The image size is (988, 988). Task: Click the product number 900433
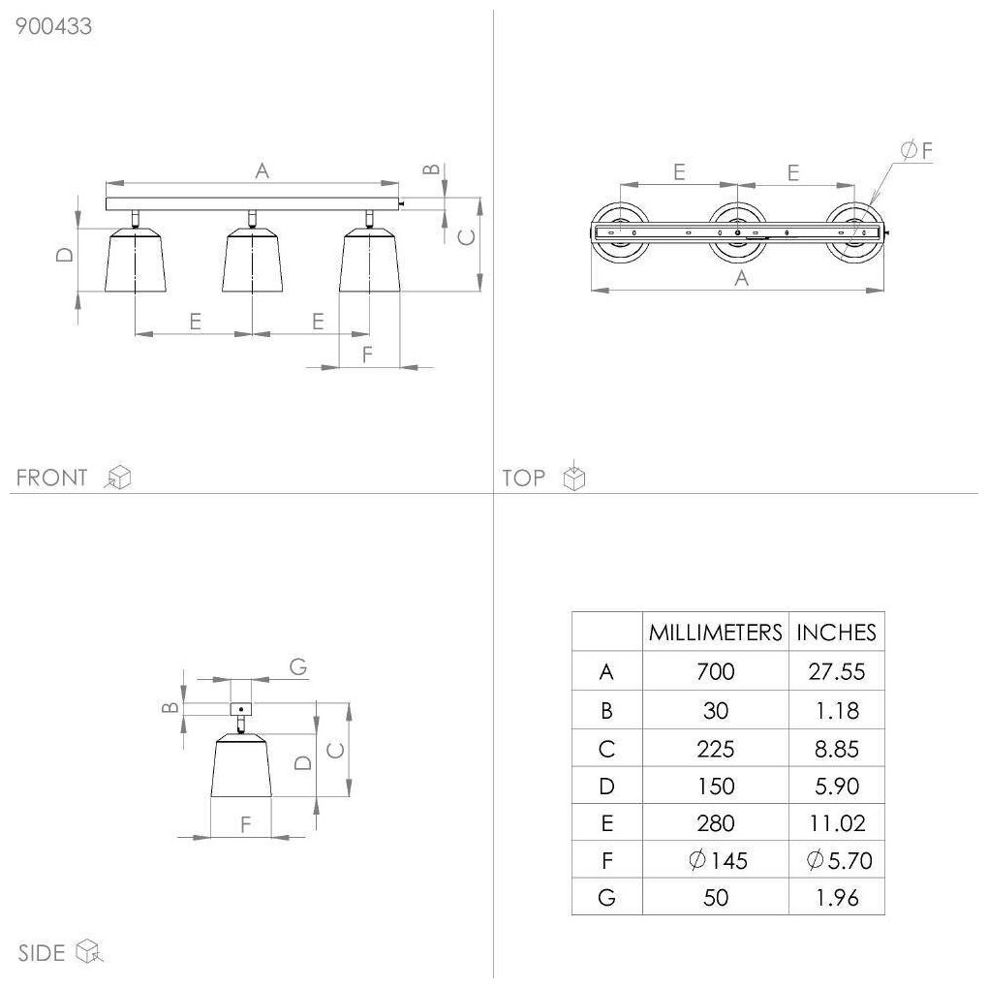pyautogui.click(x=54, y=27)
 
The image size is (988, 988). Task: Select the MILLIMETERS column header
pyautogui.click(x=715, y=633)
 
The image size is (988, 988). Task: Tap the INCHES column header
pyautogui.click(x=836, y=633)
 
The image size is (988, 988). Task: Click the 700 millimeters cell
pyautogui.click(x=715, y=671)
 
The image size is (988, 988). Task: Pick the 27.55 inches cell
pyautogui.click(x=836, y=671)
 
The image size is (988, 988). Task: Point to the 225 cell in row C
pyautogui.click(x=715, y=749)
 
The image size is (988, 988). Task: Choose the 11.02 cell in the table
pyautogui.click(x=836, y=823)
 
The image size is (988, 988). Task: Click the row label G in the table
pyautogui.click(x=606, y=898)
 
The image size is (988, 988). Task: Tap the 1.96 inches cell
pyautogui.click(x=836, y=898)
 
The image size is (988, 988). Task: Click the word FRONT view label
pyautogui.click(x=52, y=478)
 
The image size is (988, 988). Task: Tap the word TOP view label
pyautogui.click(x=524, y=478)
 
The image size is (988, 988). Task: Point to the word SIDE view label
pyautogui.click(x=42, y=953)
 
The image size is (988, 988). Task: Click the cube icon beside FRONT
pyautogui.click(x=119, y=477)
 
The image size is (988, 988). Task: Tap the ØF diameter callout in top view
pyautogui.click(x=915, y=150)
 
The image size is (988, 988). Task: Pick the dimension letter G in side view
pyautogui.click(x=298, y=666)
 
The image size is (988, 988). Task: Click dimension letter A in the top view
pyautogui.click(x=742, y=278)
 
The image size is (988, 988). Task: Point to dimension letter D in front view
pyautogui.click(x=65, y=255)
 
